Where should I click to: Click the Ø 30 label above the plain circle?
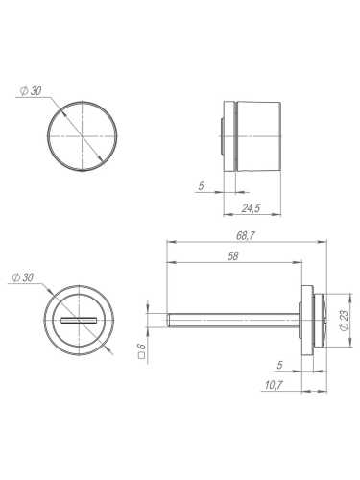(x=32, y=91)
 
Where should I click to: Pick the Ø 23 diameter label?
(x=345, y=318)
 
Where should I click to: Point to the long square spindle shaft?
(x=235, y=318)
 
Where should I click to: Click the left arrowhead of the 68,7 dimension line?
(x=171, y=241)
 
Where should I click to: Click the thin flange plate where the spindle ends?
(x=308, y=318)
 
